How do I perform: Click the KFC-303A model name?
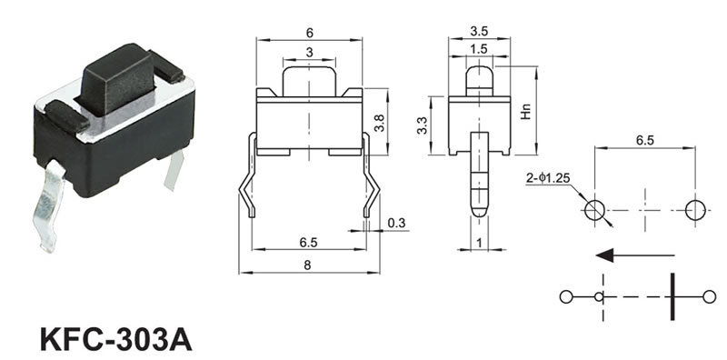coord(116,340)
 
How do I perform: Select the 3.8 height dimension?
coord(380,123)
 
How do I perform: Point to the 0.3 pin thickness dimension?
coord(396,224)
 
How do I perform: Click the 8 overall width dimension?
coord(307,265)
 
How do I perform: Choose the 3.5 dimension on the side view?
coord(479,32)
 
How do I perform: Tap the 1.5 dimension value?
coord(479,49)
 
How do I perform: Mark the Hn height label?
coord(525,111)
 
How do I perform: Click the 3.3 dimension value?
coord(422,125)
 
